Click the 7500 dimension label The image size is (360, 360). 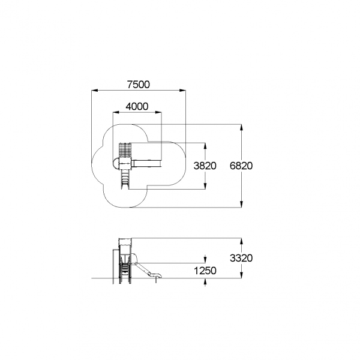pos(139,85)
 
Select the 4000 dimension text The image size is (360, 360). pos(137,106)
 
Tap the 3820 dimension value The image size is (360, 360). pos(205,166)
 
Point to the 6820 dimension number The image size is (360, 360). pos(241,166)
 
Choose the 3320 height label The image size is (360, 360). pos(241,258)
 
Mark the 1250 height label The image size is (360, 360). pos(205,271)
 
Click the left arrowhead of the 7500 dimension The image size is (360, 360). pos(95,91)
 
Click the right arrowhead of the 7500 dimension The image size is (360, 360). pos(182,91)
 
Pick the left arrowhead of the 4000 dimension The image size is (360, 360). pos(116,112)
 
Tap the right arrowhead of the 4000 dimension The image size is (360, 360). pos(158,112)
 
